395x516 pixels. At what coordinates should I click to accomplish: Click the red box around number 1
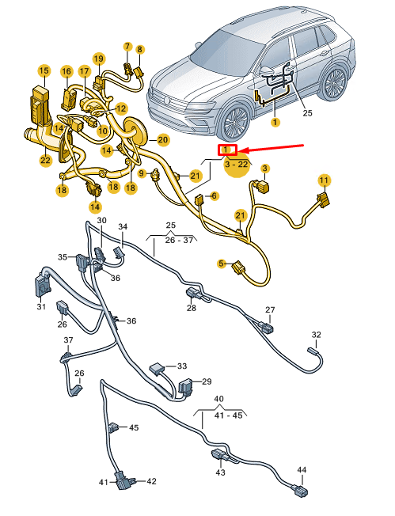[226, 150]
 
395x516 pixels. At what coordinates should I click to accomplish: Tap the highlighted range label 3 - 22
[236, 164]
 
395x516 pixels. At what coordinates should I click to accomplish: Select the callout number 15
[44, 70]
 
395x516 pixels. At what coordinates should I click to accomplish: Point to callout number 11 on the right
[323, 181]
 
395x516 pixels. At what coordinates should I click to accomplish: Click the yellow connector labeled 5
[237, 270]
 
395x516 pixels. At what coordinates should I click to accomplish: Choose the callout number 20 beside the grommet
[162, 140]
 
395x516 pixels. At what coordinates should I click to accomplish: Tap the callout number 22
[45, 161]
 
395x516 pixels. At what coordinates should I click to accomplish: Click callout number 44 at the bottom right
[302, 470]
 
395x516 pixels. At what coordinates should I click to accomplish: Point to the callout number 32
[316, 335]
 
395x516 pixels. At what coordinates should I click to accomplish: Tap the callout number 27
[270, 309]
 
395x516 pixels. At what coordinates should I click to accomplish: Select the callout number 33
[182, 366]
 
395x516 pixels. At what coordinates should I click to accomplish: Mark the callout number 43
[220, 472]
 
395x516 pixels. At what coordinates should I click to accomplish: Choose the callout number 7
[127, 47]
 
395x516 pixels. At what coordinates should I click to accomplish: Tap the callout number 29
[207, 381]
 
